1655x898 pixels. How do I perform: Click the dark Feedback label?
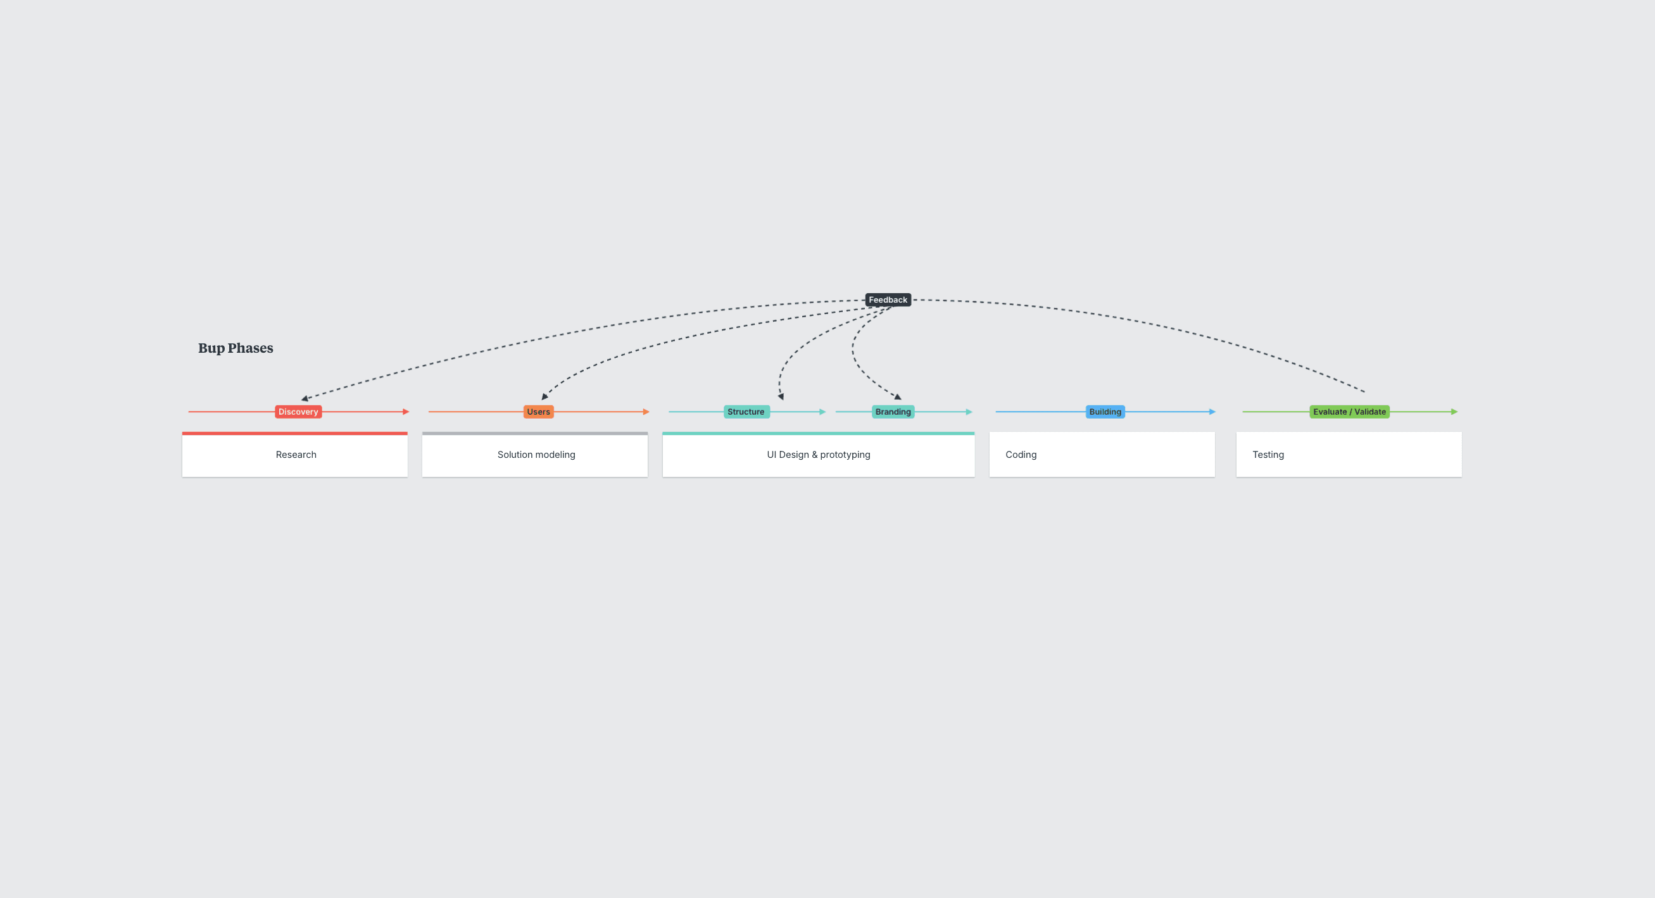[888, 300]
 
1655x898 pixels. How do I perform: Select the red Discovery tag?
[298, 412]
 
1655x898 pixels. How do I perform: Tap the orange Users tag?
[538, 412]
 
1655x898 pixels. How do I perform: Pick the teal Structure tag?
[746, 412]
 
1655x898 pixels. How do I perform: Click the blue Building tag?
[1105, 412]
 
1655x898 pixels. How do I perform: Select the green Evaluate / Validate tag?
[1349, 412]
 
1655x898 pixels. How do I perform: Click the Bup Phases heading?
[236, 348]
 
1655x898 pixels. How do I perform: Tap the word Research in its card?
[296, 455]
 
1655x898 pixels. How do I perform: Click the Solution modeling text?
[536, 455]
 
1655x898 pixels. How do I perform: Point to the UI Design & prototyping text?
[819, 455]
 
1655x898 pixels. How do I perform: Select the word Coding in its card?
[1021, 455]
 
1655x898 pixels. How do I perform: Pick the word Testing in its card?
[1268, 455]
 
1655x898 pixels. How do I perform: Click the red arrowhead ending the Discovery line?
[406, 412]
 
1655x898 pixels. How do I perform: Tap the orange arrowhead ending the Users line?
[646, 412]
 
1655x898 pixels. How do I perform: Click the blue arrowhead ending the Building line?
[1212, 412]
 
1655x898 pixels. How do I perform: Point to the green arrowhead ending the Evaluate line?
[1454, 412]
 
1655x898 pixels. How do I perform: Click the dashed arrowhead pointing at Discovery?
[305, 398]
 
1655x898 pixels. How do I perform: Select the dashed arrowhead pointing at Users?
[545, 396]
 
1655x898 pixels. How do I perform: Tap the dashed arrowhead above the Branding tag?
[898, 396]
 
